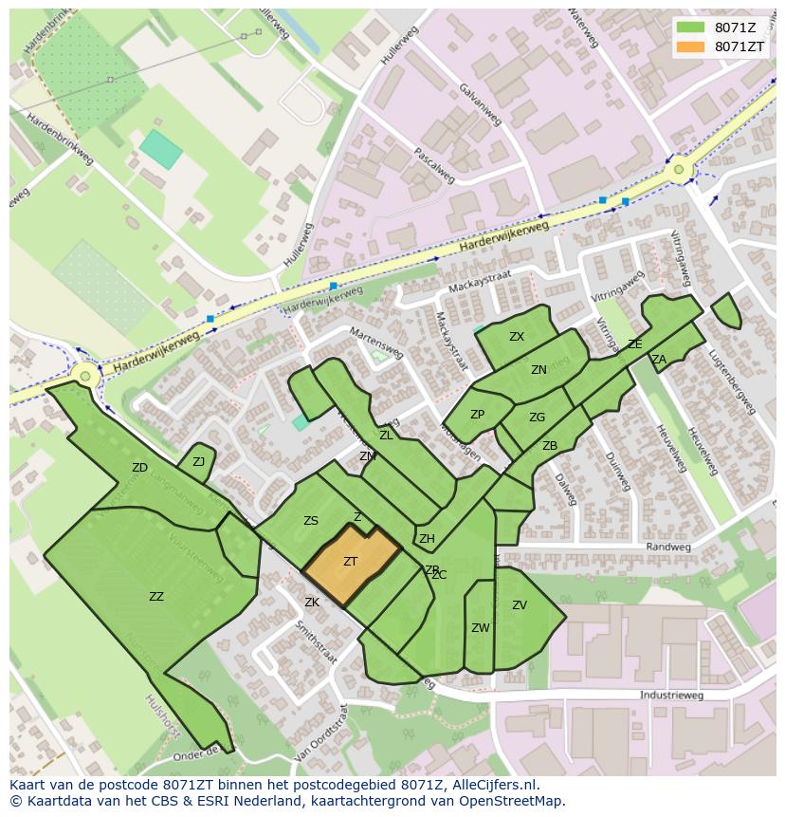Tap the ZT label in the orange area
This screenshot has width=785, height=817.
pos(350,562)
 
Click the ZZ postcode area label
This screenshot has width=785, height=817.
pos(156,597)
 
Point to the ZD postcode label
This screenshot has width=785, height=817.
pos(139,468)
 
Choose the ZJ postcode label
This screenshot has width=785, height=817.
pos(198,462)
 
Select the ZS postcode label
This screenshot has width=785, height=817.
pos(310,521)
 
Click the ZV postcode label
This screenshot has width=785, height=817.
pos(519,605)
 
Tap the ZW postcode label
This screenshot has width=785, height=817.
pos(480,628)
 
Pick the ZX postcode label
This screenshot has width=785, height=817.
pos(516,337)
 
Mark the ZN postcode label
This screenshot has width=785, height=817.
pos(539,370)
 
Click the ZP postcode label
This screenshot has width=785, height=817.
pos(477,415)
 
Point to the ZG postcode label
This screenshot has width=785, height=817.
pos(537,418)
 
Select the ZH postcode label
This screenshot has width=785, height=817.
pos(427,539)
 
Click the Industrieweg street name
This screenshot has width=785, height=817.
pos(671,696)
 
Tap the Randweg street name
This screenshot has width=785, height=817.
pos(663,548)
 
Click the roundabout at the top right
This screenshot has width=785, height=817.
pos(679,171)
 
